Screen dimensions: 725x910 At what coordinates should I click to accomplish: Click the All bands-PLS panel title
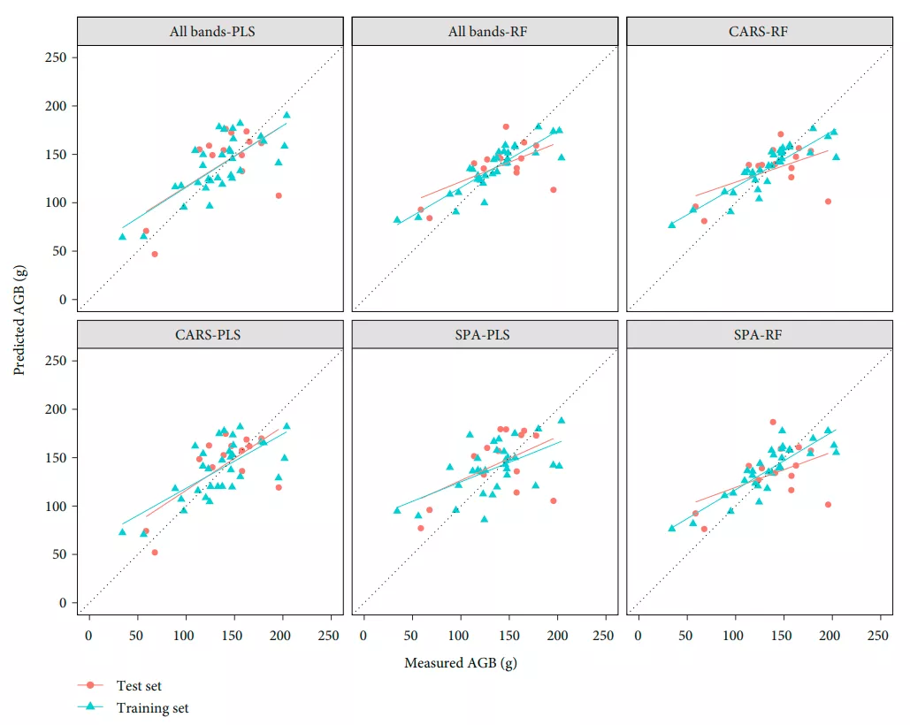[x=209, y=32]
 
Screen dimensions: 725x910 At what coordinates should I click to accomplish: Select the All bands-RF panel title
[x=484, y=32]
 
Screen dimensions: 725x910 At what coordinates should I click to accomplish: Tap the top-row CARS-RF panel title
[x=759, y=32]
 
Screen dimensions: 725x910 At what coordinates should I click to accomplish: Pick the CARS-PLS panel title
[x=209, y=335]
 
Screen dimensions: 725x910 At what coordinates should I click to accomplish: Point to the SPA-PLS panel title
[x=484, y=335]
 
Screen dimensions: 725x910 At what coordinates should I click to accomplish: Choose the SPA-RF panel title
[x=759, y=335]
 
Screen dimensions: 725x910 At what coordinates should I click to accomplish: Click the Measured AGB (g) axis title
[x=460, y=663]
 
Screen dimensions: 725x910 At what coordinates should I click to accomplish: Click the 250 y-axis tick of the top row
[x=57, y=57]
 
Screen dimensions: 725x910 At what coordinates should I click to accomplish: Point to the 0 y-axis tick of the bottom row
[x=63, y=603]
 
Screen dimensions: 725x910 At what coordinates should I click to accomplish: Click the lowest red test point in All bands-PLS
[x=155, y=254]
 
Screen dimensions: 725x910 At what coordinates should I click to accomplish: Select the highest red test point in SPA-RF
[x=773, y=422]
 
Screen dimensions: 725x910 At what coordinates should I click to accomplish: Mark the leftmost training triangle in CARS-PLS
[x=122, y=531]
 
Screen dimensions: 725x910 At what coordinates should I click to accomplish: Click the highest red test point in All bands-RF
[x=506, y=126]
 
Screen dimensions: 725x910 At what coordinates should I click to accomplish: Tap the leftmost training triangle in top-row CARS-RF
[x=672, y=225]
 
